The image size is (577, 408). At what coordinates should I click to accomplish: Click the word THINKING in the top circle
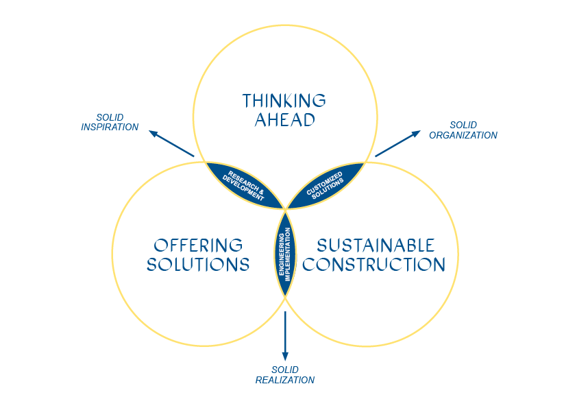click(284, 101)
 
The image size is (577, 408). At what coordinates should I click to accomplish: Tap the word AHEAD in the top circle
click(284, 120)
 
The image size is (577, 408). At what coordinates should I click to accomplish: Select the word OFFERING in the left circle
click(198, 245)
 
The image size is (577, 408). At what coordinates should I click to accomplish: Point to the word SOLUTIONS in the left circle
click(198, 265)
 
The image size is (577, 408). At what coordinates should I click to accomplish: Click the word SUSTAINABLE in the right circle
click(376, 245)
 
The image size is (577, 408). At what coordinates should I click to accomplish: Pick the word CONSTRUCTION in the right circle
click(374, 265)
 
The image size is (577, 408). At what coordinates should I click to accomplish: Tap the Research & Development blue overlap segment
click(243, 184)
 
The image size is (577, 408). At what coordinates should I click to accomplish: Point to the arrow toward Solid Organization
click(397, 143)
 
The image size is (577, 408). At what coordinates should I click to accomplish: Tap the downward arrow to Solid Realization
click(285, 336)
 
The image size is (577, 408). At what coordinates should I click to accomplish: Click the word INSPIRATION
click(110, 127)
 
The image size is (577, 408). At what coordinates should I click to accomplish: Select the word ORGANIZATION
click(463, 135)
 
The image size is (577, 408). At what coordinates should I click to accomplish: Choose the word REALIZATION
click(285, 380)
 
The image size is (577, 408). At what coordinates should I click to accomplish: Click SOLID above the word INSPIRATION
click(110, 117)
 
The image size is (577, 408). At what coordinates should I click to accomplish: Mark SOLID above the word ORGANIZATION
click(463, 125)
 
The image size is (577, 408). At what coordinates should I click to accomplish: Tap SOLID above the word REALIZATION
click(285, 370)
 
